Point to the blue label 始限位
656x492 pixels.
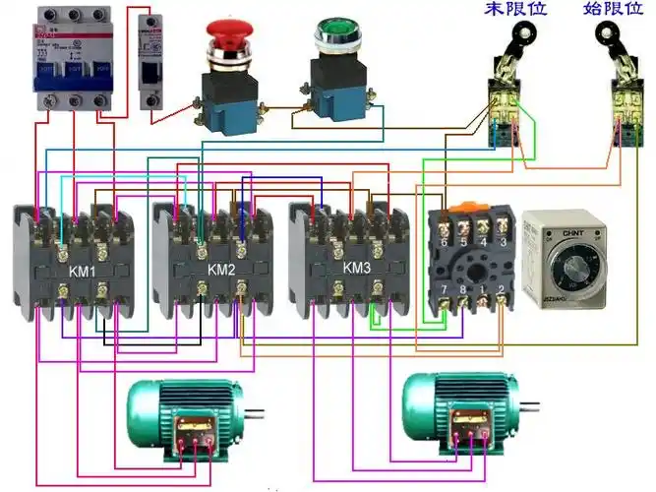point(621,11)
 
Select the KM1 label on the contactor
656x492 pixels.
point(83,268)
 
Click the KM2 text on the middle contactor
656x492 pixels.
point(221,269)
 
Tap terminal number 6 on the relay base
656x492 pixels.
point(446,240)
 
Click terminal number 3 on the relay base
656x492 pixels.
point(503,240)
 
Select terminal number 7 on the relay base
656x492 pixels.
point(446,289)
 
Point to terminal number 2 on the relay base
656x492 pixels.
point(503,289)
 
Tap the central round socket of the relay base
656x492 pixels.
point(474,265)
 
